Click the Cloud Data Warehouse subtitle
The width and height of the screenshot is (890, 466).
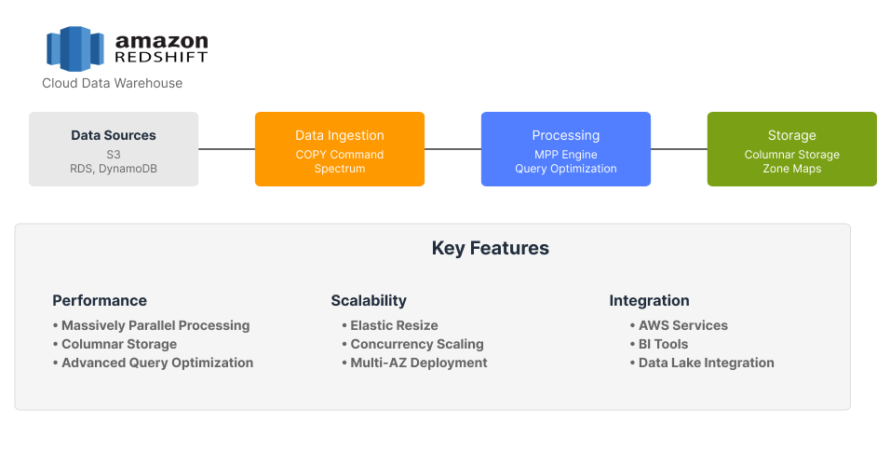tap(112, 84)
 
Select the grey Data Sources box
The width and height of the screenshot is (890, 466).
tap(114, 149)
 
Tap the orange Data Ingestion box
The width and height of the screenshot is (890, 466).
tap(340, 149)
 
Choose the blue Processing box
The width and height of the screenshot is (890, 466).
tap(565, 149)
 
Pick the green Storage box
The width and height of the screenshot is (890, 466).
tap(791, 149)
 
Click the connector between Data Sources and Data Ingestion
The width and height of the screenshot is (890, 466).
tap(226, 149)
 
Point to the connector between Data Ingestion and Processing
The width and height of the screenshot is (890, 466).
tap(452, 149)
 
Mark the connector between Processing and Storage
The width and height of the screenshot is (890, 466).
tap(679, 149)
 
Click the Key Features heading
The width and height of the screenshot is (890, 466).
tap(490, 249)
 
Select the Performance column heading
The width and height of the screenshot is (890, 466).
tap(100, 301)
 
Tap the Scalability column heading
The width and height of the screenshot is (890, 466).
tap(369, 301)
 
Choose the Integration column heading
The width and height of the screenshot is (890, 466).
tap(649, 301)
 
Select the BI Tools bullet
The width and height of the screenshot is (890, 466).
tap(663, 344)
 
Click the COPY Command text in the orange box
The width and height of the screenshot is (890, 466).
tap(340, 155)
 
